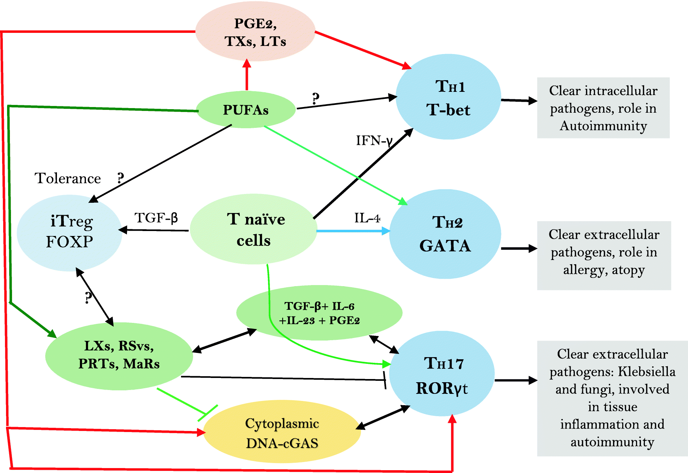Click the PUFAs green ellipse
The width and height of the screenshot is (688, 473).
click(x=246, y=110)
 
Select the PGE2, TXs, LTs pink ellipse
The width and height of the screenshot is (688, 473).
click(x=255, y=32)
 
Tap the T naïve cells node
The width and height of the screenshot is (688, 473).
click(x=254, y=229)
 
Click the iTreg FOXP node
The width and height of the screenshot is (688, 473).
click(x=70, y=232)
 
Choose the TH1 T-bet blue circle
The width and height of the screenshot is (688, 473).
click(x=448, y=97)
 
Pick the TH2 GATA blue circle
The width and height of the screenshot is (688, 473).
click(x=445, y=234)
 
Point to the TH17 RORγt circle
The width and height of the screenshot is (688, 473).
click(x=442, y=374)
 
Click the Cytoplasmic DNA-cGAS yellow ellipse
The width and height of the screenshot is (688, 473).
click(x=282, y=433)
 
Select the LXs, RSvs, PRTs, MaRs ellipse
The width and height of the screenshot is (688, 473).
click(x=119, y=355)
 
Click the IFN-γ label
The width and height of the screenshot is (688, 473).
click(x=374, y=141)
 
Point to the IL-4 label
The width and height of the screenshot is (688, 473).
click(x=367, y=218)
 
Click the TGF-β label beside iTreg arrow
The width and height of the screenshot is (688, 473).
click(x=156, y=218)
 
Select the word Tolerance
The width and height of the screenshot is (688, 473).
click(x=68, y=178)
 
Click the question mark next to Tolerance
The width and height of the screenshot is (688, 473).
click(x=121, y=178)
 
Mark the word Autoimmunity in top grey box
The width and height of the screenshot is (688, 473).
click(x=603, y=126)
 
